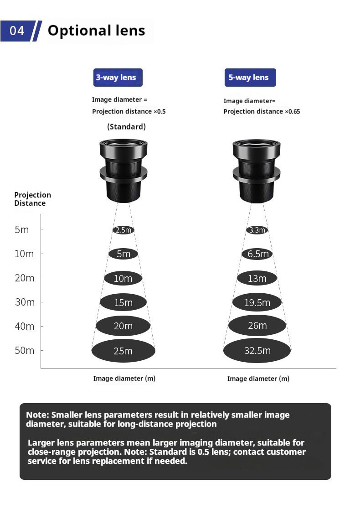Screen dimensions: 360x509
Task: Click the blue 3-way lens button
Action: (x=118, y=77)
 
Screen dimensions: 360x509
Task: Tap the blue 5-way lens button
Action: (x=250, y=77)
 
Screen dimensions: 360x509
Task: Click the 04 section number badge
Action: (x=17, y=31)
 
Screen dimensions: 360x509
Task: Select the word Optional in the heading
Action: (x=78, y=31)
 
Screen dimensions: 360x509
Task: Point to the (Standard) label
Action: (x=127, y=126)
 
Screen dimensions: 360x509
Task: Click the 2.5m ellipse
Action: (x=123, y=230)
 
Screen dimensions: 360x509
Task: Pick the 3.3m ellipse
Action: (x=257, y=230)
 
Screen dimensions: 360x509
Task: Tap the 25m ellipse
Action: (x=123, y=351)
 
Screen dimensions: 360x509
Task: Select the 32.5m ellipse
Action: (x=257, y=351)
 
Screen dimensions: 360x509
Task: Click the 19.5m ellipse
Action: (x=257, y=302)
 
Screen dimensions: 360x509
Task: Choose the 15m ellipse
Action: (x=123, y=302)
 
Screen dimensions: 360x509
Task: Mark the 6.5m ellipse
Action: (x=257, y=254)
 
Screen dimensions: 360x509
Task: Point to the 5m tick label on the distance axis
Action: (x=22, y=229)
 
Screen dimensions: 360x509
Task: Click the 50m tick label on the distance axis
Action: (x=24, y=351)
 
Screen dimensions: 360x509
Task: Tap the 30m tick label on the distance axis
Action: (x=25, y=302)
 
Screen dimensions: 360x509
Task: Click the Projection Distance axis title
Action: (x=32, y=199)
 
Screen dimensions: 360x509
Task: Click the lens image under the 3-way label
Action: (x=123, y=171)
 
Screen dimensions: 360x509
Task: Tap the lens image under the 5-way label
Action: (x=257, y=171)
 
